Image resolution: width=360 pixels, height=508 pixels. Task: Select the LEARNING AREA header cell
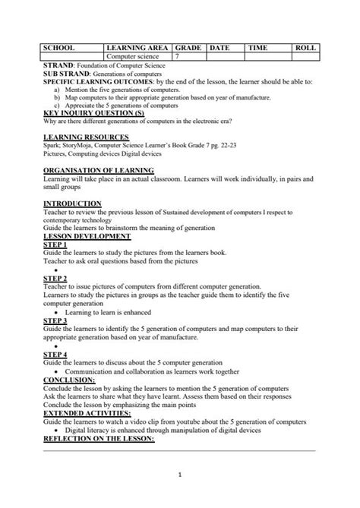tap(138, 47)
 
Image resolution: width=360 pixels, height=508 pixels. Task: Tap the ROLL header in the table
tap(305, 47)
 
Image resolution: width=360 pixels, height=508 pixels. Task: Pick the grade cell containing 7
tap(177, 56)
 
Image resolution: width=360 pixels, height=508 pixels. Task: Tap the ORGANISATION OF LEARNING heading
tap(99, 170)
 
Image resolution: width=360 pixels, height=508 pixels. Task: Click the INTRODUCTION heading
tap(72, 204)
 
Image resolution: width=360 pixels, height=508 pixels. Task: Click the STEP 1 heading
tap(55, 245)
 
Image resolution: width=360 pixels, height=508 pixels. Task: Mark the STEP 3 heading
tap(55, 320)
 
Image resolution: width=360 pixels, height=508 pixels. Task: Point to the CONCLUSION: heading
tap(69, 379)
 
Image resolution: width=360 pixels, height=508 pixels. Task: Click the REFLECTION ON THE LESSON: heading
tap(101, 438)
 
